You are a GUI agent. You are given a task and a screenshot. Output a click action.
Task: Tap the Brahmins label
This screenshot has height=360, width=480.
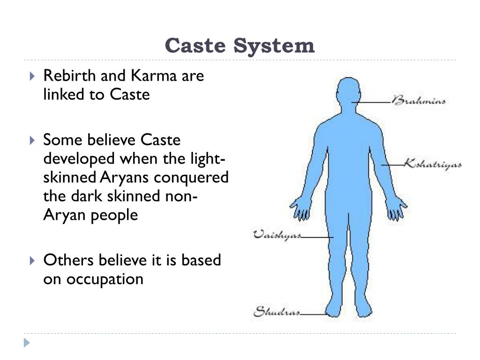pos(418,101)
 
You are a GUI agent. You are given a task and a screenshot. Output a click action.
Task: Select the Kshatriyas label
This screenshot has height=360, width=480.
pos(433,165)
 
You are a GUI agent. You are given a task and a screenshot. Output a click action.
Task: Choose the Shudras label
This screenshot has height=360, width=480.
pos(277,311)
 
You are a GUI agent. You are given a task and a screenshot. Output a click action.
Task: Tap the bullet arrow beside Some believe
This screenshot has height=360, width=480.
pos(31,140)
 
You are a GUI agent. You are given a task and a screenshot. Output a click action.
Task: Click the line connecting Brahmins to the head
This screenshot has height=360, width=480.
pos(371,102)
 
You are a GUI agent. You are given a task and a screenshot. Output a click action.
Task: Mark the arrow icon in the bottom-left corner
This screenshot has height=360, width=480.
pos(27,343)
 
